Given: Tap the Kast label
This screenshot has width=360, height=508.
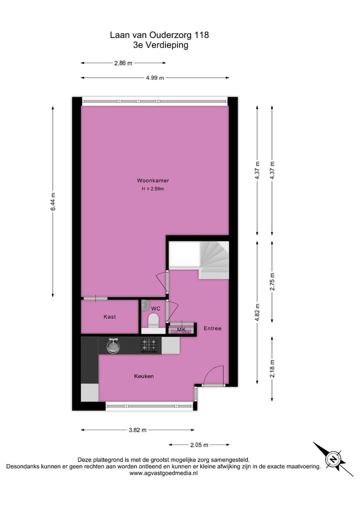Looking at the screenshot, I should click(109, 317).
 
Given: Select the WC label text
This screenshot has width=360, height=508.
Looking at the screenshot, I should click(155, 309).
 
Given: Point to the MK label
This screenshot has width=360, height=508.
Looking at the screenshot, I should click(181, 329).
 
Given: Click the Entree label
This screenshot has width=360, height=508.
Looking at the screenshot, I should click(212, 328).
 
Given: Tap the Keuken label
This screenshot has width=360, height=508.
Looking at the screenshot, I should click(143, 376).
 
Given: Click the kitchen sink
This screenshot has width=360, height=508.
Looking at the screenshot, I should click(113, 345).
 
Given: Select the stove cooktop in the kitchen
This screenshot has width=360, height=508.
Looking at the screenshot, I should click(149, 345).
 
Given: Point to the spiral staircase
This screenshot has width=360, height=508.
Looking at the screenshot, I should click(214, 259).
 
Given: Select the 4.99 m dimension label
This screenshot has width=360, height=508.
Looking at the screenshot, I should click(155, 78).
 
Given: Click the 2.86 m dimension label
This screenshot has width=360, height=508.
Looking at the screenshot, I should click(123, 63).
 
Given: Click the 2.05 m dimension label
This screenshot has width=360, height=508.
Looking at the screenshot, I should click(198, 445).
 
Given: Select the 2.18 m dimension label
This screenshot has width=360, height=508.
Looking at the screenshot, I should click(272, 369).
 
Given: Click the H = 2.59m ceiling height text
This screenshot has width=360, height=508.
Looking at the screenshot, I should click(153, 189).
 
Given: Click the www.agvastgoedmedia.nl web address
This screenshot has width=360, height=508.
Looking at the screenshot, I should click(163, 473).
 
